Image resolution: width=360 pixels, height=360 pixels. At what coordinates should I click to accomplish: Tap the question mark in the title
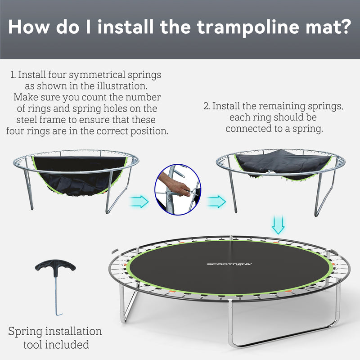pyautogui.click(x=344, y=27)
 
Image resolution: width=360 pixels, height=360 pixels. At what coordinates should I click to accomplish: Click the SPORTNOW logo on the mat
pyautogui.click(x=223, y=264)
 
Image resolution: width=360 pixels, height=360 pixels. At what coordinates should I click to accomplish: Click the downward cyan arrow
pyautogui.click(x=279, y=225)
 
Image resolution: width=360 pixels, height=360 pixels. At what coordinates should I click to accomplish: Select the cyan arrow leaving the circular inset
pyautogui.click(x=217, y=201)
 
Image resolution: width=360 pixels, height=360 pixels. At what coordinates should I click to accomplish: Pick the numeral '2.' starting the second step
pyautogui.click(x=207, y=107)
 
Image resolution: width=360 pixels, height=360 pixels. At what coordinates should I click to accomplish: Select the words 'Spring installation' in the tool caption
pyautogui.click(x=55, y=332)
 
